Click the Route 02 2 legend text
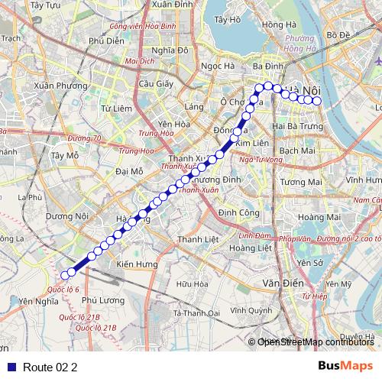[x=50, y=367]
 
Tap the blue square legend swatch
[x=11, y=367]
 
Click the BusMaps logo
[x=345, y=366]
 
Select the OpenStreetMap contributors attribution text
[x=316, y=342]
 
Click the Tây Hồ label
[x=228, y=20]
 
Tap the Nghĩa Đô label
[x=170, y=50]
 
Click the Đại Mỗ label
[x=129, y=171]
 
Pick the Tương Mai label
[x=300, y=182]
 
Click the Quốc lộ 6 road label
[x=63, y=290]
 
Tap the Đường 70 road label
[x=84, y=138]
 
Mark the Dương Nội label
[x=66, y=216]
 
